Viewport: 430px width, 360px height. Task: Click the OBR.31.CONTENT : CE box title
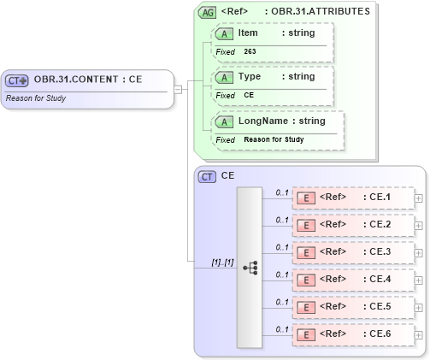(88, 80)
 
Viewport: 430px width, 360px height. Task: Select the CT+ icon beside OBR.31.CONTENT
(18, 80)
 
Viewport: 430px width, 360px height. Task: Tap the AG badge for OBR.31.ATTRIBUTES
(207, 12)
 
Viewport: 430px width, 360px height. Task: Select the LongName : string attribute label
(281, 121)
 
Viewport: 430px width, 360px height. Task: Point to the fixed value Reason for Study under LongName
(274, 139)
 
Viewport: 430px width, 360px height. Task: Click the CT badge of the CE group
(207, 176)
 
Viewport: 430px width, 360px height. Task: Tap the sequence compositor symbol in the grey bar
(250, 267)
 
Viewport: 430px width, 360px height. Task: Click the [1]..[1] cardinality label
(222, 262)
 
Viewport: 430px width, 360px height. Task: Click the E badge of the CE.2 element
(304, 225)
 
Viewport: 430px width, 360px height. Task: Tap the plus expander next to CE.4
(418, 280)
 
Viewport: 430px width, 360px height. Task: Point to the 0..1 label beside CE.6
(281, 329)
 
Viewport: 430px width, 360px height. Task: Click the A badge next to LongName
(225, 121)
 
